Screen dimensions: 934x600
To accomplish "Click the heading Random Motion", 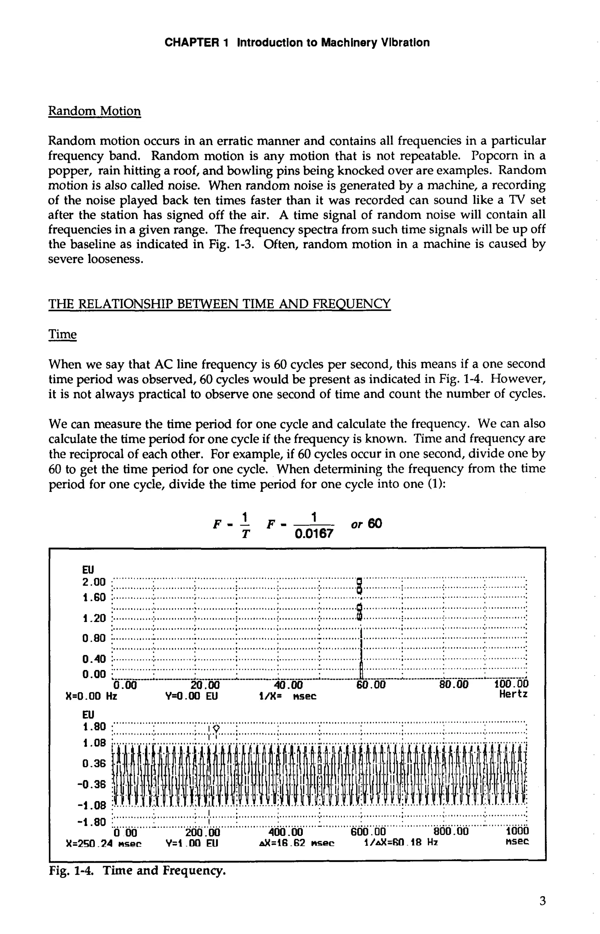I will (x=94, y=111).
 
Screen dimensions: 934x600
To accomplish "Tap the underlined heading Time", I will (x=62, y=334).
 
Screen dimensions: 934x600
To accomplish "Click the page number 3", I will (x=542, y=901).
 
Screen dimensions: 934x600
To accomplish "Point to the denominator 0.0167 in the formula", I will (x=314, y=533).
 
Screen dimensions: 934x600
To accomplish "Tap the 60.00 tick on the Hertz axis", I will (x=371, y=685).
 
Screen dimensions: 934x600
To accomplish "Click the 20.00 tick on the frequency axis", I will (x=205, y=685).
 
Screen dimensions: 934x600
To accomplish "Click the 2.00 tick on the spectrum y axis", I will (x=94, y=582).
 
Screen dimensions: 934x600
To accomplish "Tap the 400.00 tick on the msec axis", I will (x=286, y=832).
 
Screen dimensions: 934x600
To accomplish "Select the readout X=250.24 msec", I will (x=104, y=843).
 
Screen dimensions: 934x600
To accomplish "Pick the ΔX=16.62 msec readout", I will (x=296, y=843).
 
